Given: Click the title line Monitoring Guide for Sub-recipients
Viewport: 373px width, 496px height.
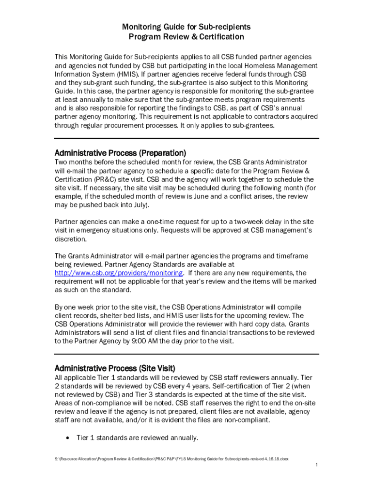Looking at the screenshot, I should point(186,27).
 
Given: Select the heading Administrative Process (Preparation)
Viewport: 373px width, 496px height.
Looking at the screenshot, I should point(120,153).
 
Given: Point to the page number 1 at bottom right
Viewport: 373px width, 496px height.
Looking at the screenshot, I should point(316,465).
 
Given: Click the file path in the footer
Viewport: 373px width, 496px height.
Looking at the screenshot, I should point(171,459).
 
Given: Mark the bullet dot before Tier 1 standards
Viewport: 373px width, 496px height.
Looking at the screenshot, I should point(67,438).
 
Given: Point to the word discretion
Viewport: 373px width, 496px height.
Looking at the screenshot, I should point(72,239).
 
